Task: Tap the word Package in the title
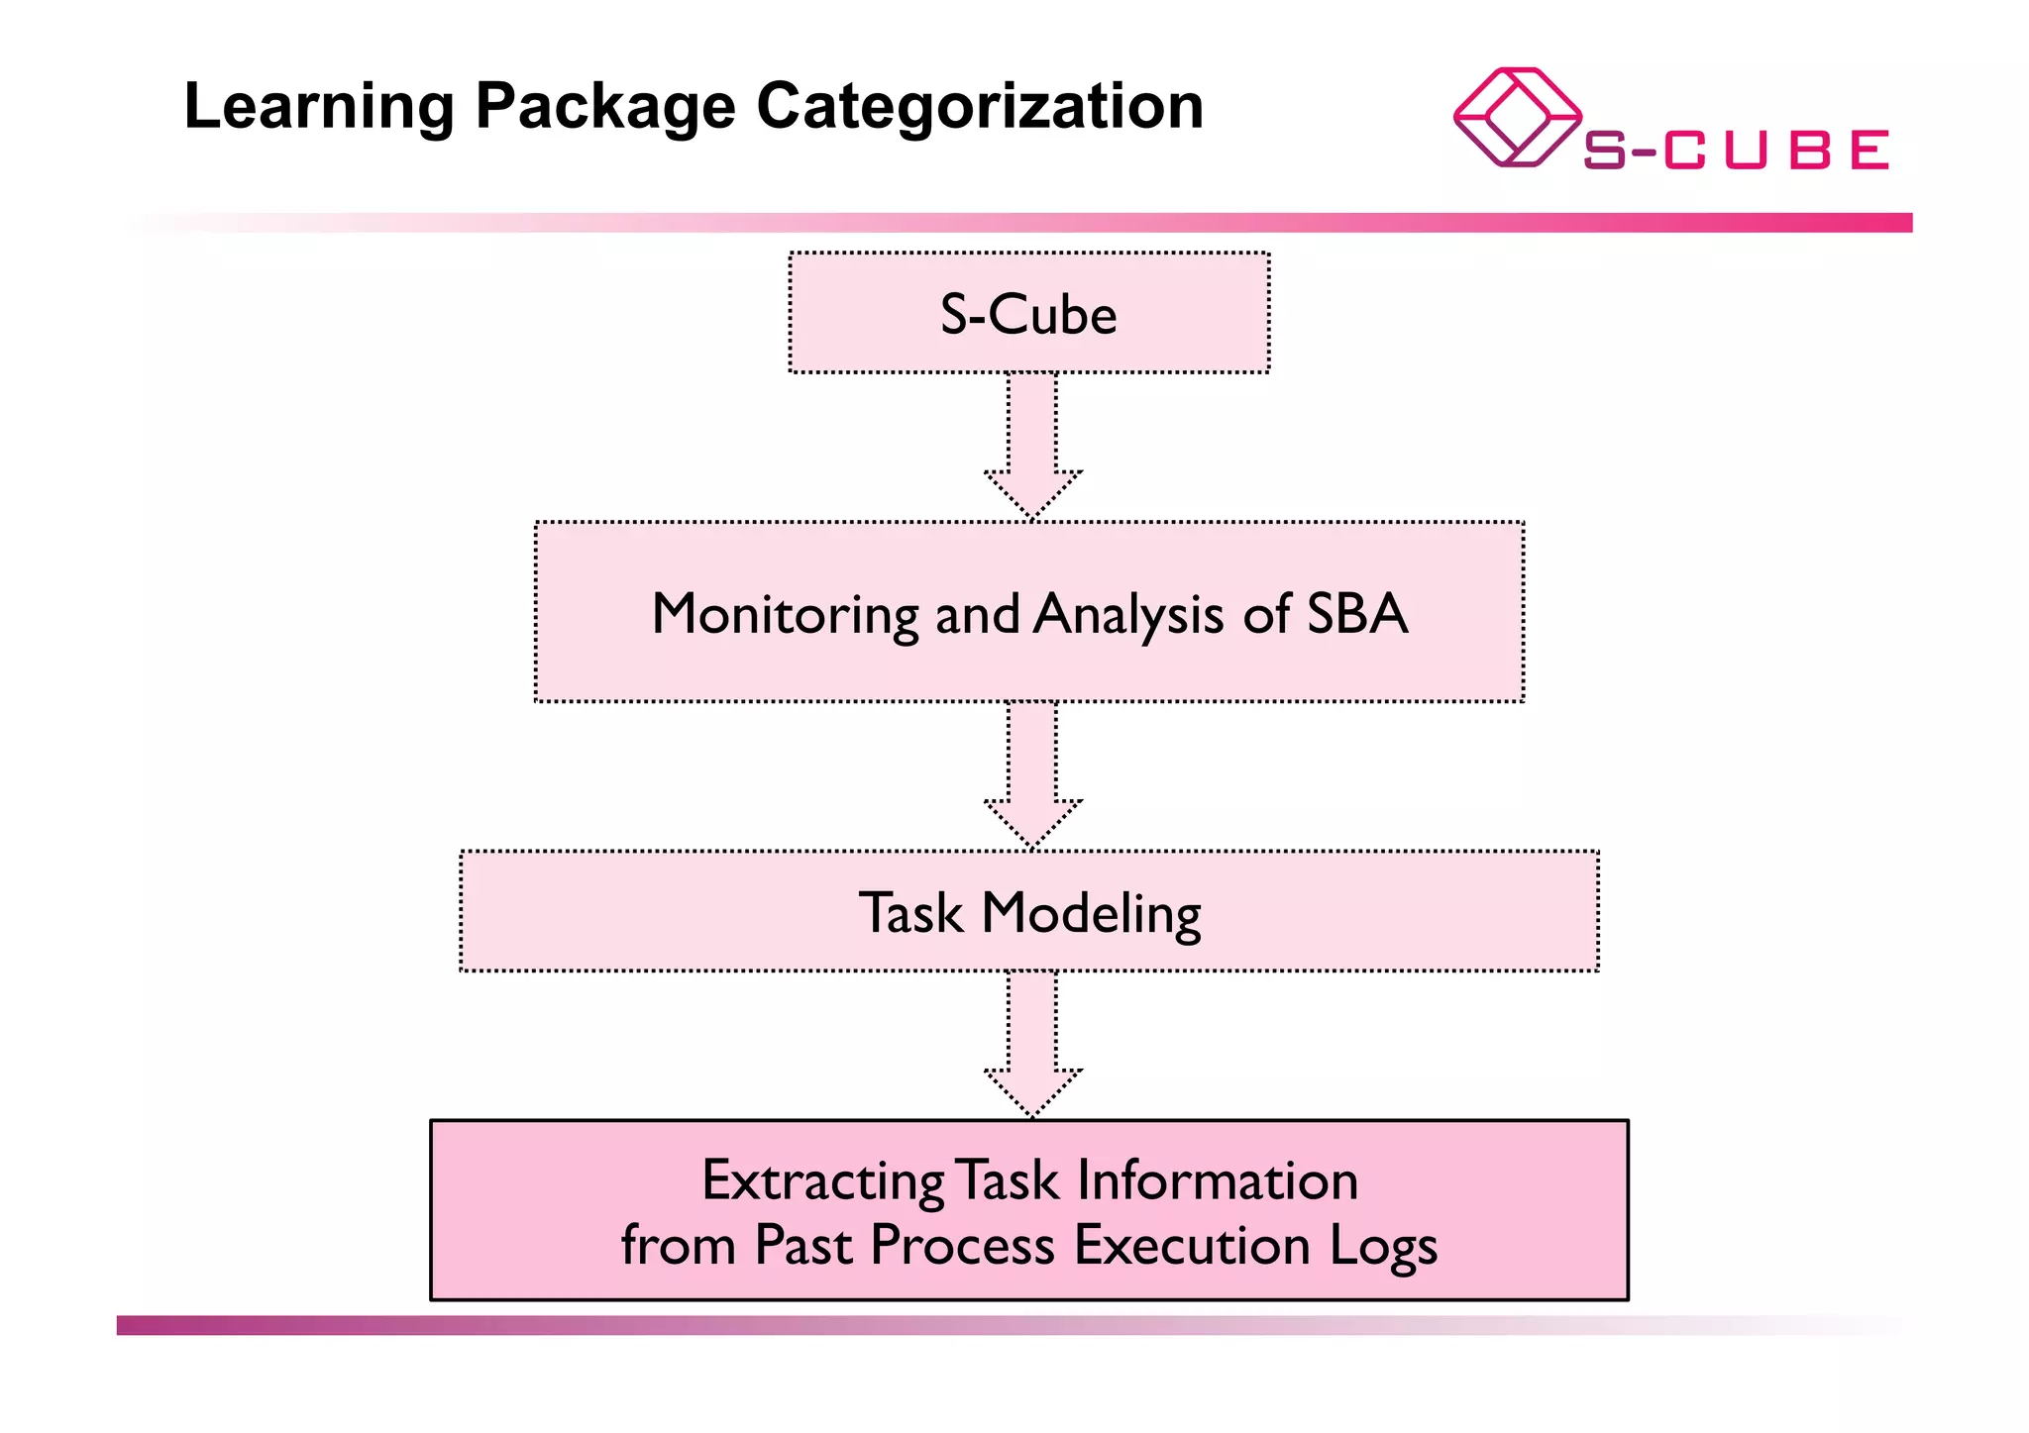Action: pos(605,107)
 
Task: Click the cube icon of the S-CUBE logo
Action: pos(1516,117)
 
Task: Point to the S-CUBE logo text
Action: pos(1736,151)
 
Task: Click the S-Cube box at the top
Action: pos(1028,314)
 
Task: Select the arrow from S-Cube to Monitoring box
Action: pos(1032,447)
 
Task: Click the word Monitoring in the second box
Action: pos(786,614)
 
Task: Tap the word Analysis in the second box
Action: pos(1128,614)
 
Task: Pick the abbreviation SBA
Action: pos(1357,613)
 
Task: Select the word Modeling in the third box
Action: pos(1091,913)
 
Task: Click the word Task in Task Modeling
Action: pos(910,912)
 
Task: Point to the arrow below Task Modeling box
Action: pos(1032,1045)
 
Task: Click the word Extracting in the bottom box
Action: pos(822,1181)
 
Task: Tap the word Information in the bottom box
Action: pos(1217,1180)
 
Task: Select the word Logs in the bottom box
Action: pos(1383,1246)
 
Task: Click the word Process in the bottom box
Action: pos(962,1245)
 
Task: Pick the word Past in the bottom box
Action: pos(802,1245)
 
